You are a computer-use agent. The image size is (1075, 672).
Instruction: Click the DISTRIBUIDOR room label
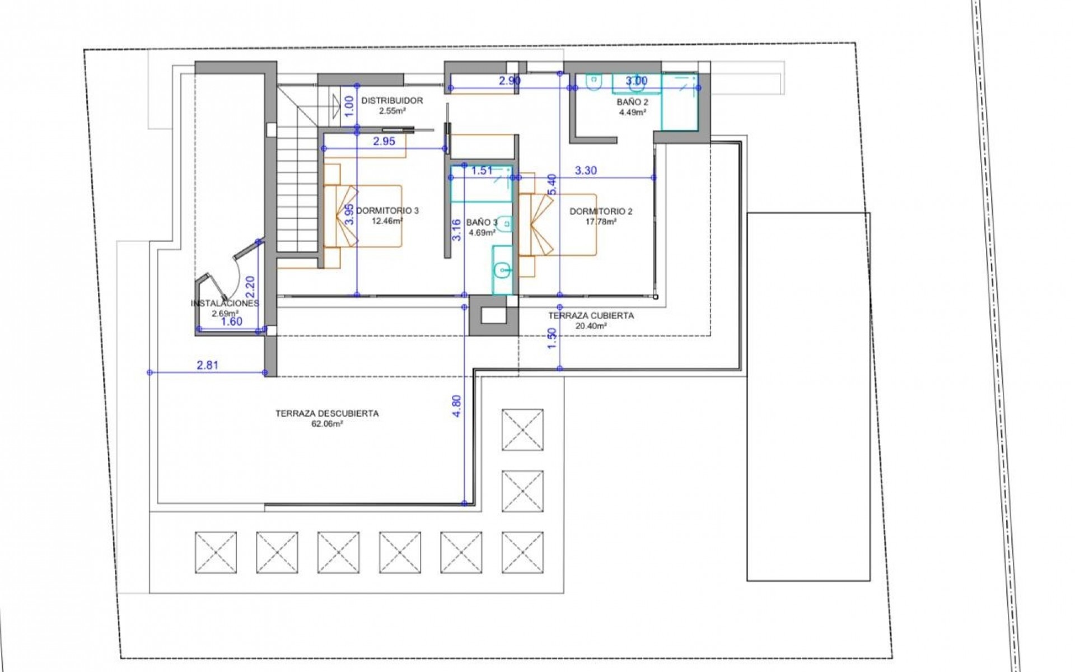click(x=392, y=101)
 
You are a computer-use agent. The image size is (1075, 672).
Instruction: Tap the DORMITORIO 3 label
click(x=387, y=211)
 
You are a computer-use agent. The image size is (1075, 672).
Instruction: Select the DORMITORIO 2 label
click(x=601, y=212)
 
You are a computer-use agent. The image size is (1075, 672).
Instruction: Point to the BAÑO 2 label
click(x=632, y=102)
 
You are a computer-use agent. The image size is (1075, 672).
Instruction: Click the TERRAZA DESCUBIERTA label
click(x=327, y=414)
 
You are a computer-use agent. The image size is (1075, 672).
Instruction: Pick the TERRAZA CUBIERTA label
click(x=591, y=316)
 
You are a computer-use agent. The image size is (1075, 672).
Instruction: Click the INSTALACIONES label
click(x=225, y=304)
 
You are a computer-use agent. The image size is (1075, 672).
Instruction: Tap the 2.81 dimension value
click(x=208, y=365)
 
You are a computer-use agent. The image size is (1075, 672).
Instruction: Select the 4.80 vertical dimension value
click(x=457, y=406)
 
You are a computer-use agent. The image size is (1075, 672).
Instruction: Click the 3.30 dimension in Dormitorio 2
click(x=586, y=171)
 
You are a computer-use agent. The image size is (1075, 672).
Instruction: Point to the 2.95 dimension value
click(x=384, y=142)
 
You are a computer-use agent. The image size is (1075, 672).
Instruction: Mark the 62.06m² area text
click(x=327, y=424)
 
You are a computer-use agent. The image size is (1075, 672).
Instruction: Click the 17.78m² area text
click(x=601, y=221)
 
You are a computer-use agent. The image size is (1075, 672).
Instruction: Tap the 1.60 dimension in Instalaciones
click(x=231, y=321)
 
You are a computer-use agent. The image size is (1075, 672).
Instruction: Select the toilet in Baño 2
click(x=593, y=82)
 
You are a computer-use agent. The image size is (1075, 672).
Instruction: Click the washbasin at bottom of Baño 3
click(x=502, y=271)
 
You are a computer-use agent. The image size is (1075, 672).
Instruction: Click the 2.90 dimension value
click(x=510, y=81)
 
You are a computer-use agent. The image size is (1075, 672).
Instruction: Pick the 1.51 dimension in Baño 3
click(x=482, y=171)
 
